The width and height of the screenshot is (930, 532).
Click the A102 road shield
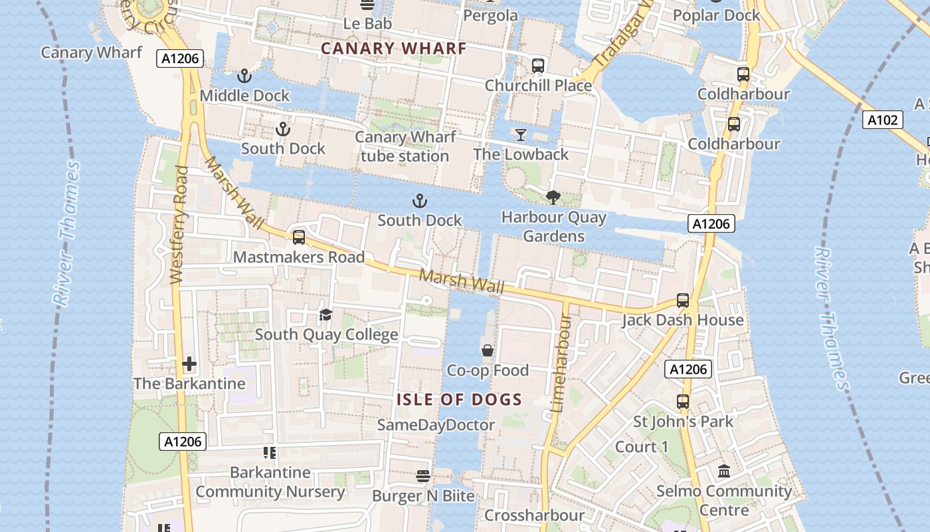(x=883, y=120)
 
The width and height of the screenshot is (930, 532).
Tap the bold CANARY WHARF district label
(x=393, y=49)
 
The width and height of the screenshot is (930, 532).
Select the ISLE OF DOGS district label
(x=459, y=400)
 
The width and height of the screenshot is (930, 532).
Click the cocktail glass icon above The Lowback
(x=521, y=135)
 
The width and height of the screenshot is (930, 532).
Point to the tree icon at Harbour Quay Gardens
(x=552, y=198)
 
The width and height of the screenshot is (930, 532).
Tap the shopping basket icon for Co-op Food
(x=488, y=350)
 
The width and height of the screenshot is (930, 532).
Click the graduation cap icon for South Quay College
(x=325, y=315)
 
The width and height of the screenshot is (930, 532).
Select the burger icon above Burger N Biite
(x=422, y=476)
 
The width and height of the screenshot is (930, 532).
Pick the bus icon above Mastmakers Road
(x=299, y=237)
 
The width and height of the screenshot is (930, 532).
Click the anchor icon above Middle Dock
(x=244, y=76)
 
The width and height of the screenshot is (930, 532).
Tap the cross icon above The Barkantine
(x=189, y=364)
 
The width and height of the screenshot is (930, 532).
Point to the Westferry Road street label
(x=178, y=225)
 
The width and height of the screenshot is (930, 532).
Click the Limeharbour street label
(x=561, y=362)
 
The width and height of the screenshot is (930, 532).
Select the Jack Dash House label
(x=682, y=320)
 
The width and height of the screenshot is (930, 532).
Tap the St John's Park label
(x=683, y=422)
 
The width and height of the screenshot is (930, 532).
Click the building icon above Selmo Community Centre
(x=724, y=471)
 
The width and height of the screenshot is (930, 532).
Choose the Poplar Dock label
(x=716, y=15)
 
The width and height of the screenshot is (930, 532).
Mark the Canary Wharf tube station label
(x=405, y=146)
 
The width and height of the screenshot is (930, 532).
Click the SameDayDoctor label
(x=436, y=425)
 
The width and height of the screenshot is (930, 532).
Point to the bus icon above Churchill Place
(x=538, y=66)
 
